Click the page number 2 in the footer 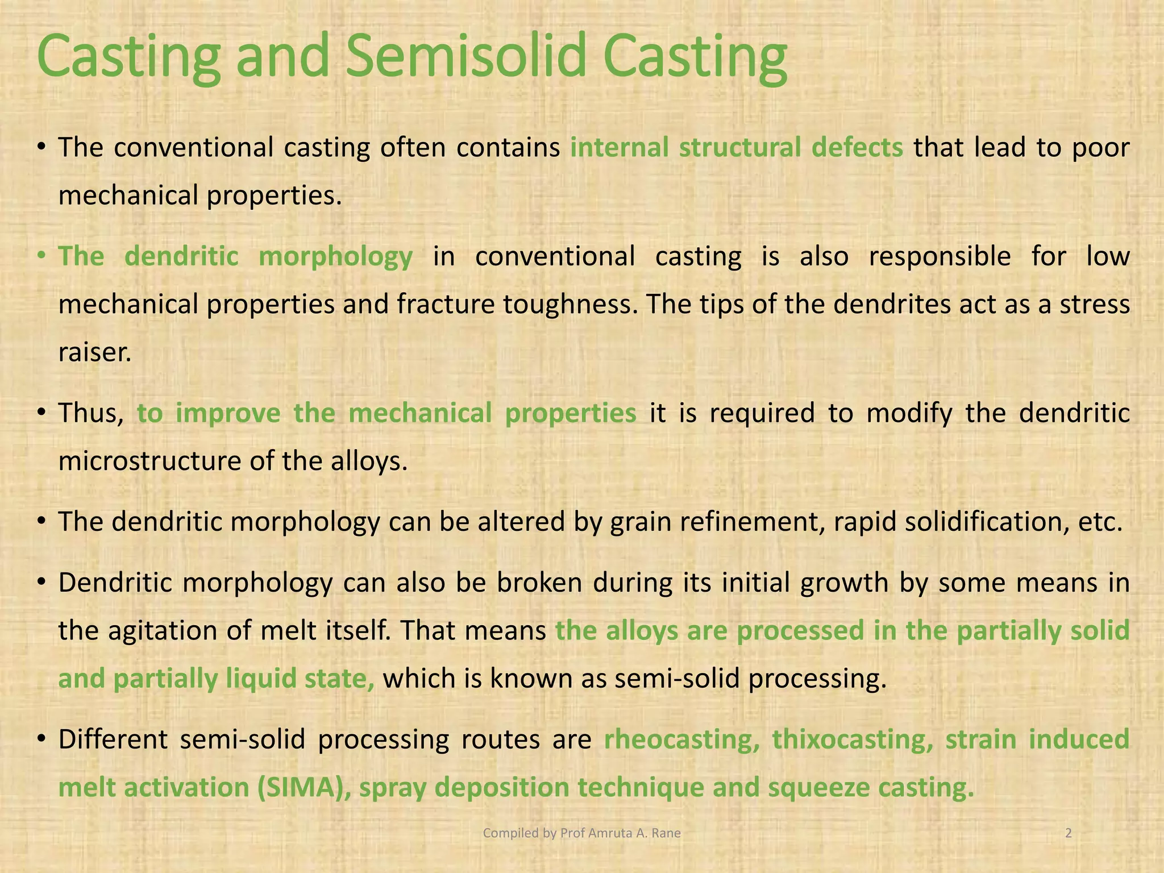click(1069, 833)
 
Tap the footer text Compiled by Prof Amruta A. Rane click(581, 833)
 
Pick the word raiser click(95, 353)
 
